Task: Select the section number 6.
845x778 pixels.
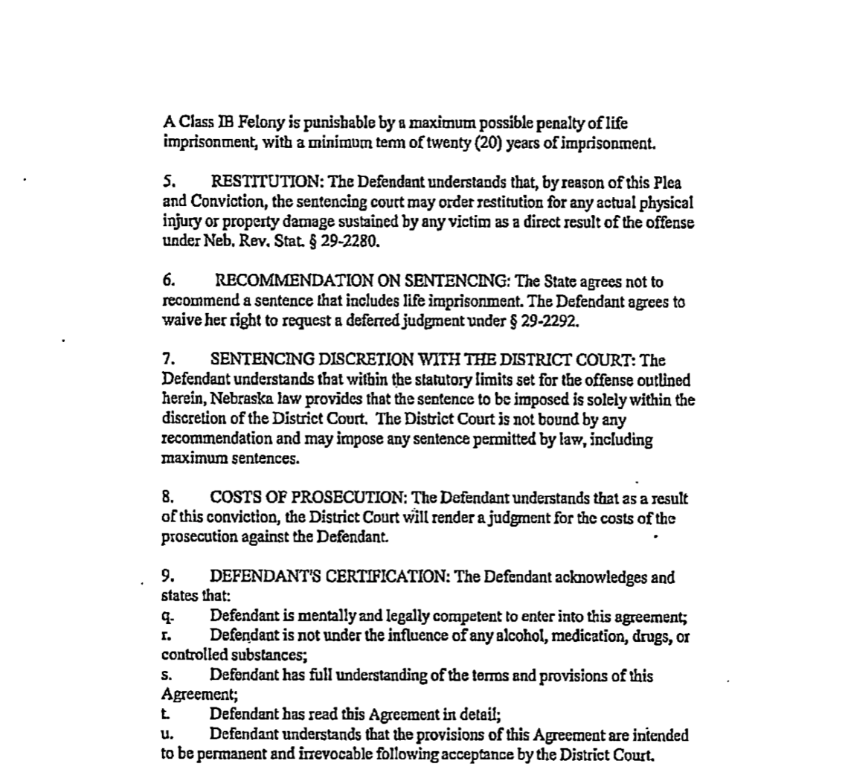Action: coord(167,283)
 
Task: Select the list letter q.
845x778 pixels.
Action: coord(167,617)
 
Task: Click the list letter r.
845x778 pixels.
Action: coord(165,637)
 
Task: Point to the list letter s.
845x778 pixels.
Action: coord(165,677)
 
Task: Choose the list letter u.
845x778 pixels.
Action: coord(166,736)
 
